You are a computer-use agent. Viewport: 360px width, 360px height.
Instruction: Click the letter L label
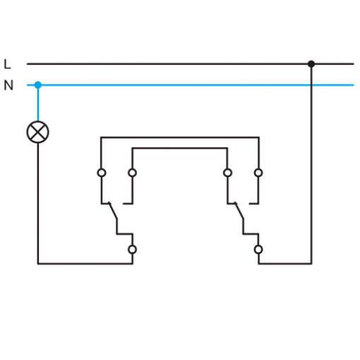point(7,64)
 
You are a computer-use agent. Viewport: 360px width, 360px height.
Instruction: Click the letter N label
point(8,85)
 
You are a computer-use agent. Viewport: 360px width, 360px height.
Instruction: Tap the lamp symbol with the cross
point(37,132)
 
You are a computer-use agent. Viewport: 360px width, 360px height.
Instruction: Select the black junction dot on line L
point(311,64)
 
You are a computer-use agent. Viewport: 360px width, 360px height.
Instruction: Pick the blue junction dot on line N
point(38,85)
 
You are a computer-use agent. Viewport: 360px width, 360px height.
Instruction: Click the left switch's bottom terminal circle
point(132,249)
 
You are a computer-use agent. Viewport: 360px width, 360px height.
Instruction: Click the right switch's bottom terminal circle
point(258,249)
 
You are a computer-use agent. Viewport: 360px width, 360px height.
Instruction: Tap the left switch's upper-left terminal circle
point(102,173)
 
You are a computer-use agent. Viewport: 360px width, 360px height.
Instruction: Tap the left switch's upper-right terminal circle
point(132,173)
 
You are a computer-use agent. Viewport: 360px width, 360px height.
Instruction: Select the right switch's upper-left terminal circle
point(227,173)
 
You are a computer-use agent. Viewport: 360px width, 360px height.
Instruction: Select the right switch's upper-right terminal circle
point(258,173)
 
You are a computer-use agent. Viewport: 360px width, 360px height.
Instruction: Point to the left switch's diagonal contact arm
point(113,210)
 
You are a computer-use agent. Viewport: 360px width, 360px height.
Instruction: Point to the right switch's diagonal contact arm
point(239,210)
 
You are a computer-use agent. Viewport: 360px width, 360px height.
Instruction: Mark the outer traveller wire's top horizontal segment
point(180,137)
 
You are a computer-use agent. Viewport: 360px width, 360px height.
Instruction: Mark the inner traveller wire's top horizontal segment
point(180,148)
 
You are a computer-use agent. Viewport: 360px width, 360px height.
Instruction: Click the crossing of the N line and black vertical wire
point(311,85)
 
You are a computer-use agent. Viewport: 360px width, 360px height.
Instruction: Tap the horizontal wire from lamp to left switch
point(85,264)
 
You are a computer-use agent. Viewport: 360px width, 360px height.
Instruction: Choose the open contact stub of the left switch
point(128,203)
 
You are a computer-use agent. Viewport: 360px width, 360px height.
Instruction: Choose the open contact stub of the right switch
point(254,203)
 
